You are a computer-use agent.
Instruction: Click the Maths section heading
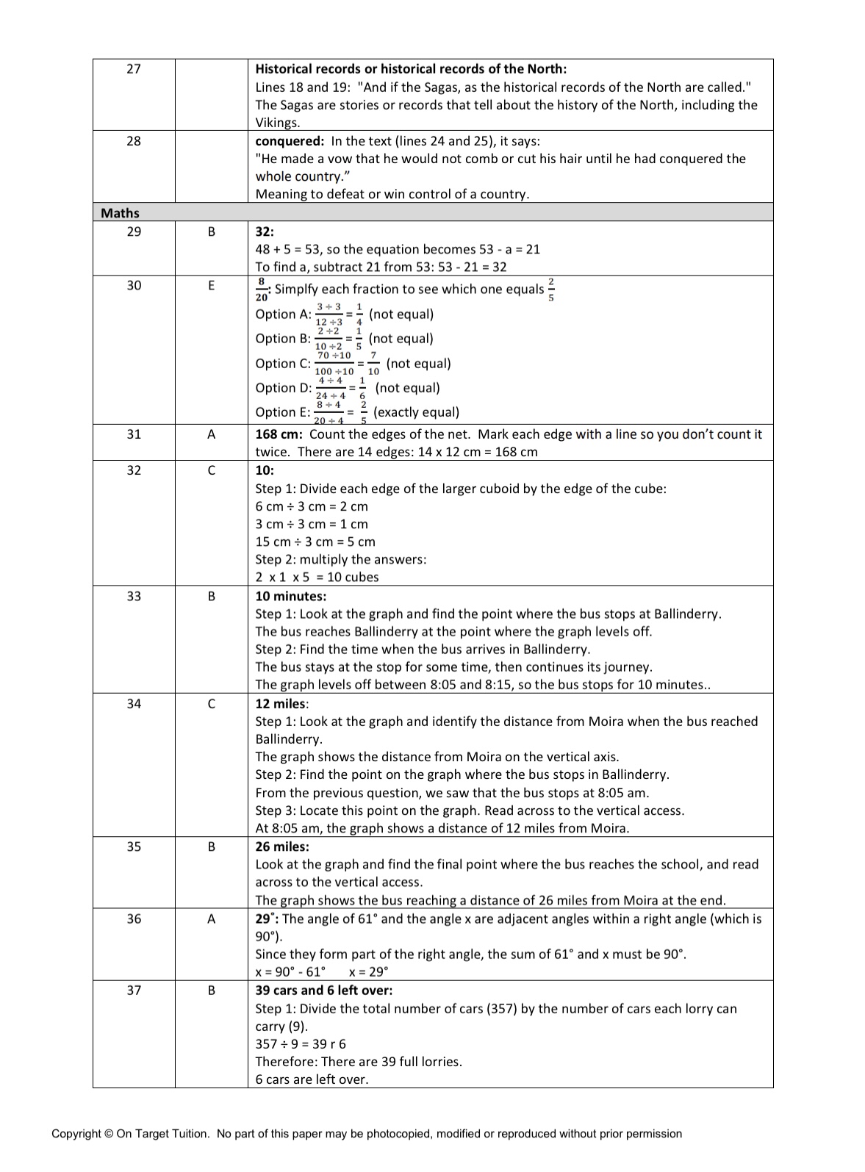pos(120,213)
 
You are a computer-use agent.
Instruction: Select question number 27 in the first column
pos(134,69)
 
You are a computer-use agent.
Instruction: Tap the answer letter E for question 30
pos(212,285)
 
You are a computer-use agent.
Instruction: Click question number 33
pos(134,596)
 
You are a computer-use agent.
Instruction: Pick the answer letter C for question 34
pos(212,704)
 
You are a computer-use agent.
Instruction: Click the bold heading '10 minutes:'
pos(291,596)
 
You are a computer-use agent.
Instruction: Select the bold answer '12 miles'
pos(281,704)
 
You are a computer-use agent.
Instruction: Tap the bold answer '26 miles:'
pos(282,846)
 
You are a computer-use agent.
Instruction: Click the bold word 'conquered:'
pos(290,141)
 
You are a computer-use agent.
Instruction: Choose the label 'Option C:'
pos(283,364)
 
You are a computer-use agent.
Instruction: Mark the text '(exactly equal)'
pos(417,412)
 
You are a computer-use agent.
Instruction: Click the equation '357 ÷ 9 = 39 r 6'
pos(301,1044)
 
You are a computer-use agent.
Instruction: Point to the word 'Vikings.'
pos(278,123)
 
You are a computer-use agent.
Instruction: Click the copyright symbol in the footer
pos(109,1134)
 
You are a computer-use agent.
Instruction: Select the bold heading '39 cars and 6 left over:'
pos(324,990)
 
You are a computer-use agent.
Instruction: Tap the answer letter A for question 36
pos(212,918)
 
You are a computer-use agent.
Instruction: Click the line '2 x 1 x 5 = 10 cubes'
pos(317,577)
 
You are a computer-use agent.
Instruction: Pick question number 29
pos(134,231)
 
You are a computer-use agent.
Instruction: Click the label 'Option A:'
pos(283,314)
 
